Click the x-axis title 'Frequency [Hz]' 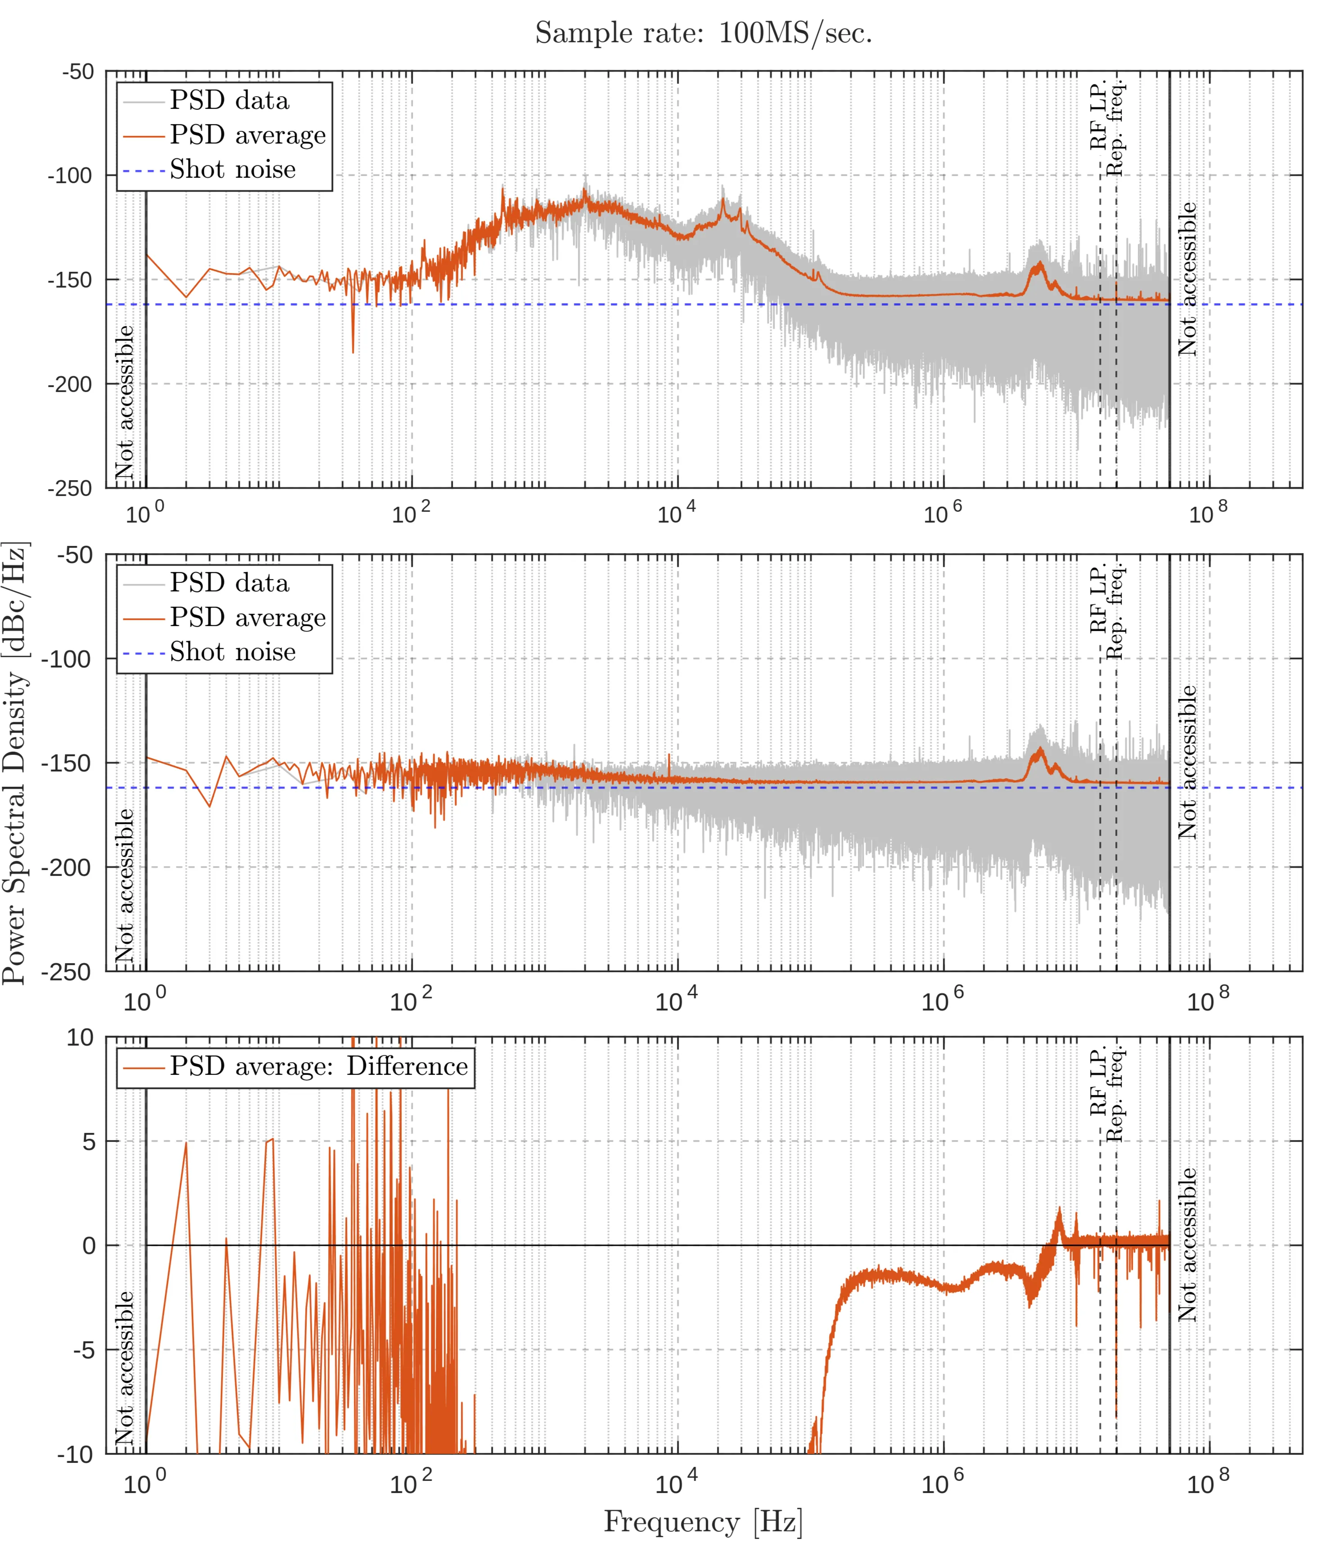703,1521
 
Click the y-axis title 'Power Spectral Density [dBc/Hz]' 15,762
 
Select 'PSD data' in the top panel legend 229,100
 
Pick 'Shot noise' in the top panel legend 232,170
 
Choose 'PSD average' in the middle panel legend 247,617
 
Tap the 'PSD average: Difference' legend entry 318,1066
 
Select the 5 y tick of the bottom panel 89,1142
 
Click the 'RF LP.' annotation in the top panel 1098,116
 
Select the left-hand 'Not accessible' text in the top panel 125,402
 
